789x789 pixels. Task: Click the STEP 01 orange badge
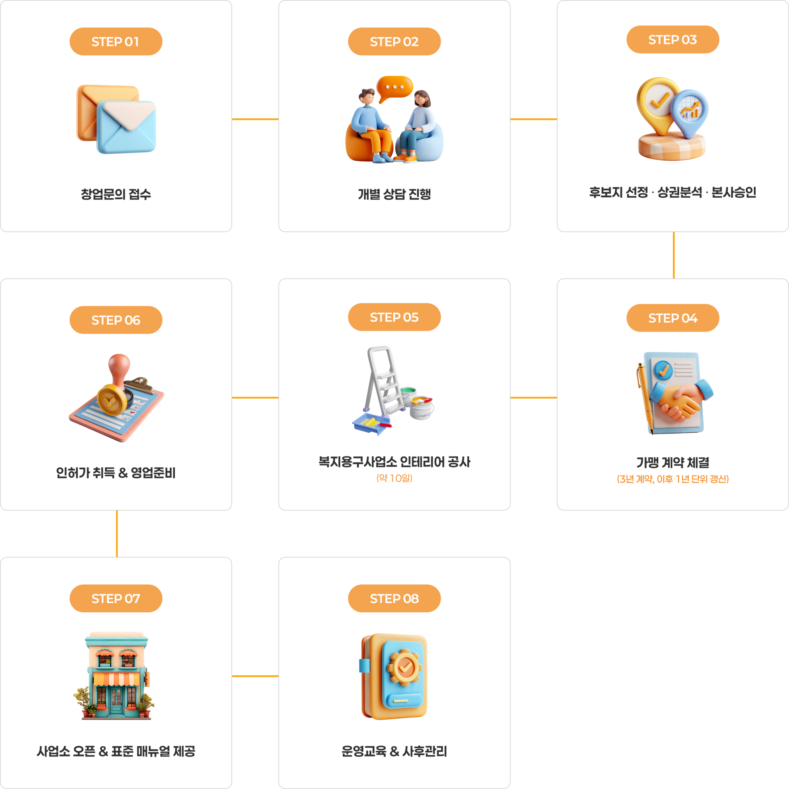click(x=116, y=42)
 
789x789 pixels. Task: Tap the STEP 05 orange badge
click(x=394, y=317)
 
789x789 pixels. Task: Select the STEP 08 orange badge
click(x=394, y=598)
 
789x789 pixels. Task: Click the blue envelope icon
click(x=126, y=127)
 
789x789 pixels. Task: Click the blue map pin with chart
click(x=690, y=113)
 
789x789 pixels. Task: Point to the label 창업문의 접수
click(x=116, y=194)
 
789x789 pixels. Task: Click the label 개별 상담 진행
click(x=394, y=194)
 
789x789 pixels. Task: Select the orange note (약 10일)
click(x=394, y=478)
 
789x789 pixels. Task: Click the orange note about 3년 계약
click(x=673, y=479)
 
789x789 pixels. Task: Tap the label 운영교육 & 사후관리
click(x=394, y=751)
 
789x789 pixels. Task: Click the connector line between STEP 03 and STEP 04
click(x=674, y=255)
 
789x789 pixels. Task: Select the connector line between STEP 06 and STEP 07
click(x=117, y=534)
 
